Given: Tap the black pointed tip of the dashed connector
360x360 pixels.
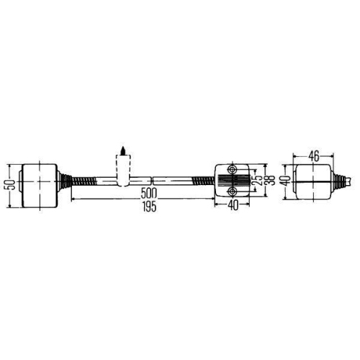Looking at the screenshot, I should (x=123, y=151).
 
